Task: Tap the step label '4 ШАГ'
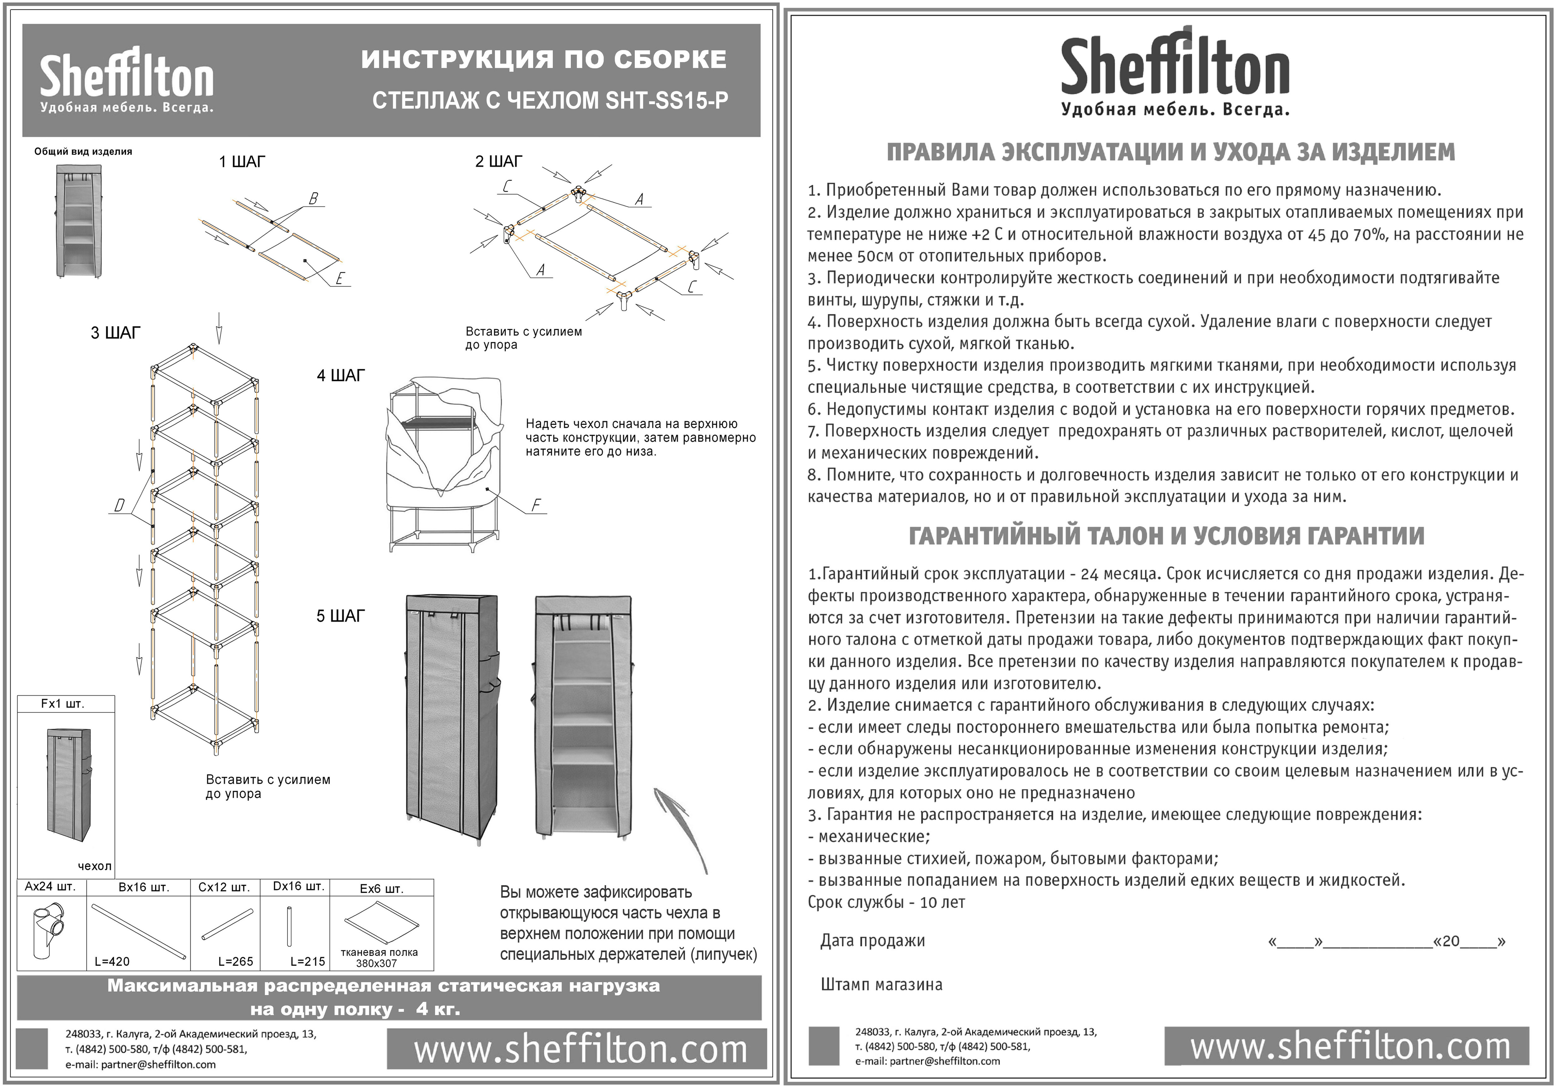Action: pyautogui.click(x=341, y=376)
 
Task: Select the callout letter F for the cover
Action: pyautogui.click(x=536, y=505)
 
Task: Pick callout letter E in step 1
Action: pyautogui.click(x=340, y=278)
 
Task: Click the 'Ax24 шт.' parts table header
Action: pyautogui.click(x=50, y=887)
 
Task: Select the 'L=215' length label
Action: pyautogui.click(x=307, y=962)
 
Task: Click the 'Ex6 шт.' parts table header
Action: pyautogui.click(x=381, y=888)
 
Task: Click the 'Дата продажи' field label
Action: pyautogui.click(x=873, y=940)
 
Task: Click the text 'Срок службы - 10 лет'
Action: pyautogui.click(x=885, y=902)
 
